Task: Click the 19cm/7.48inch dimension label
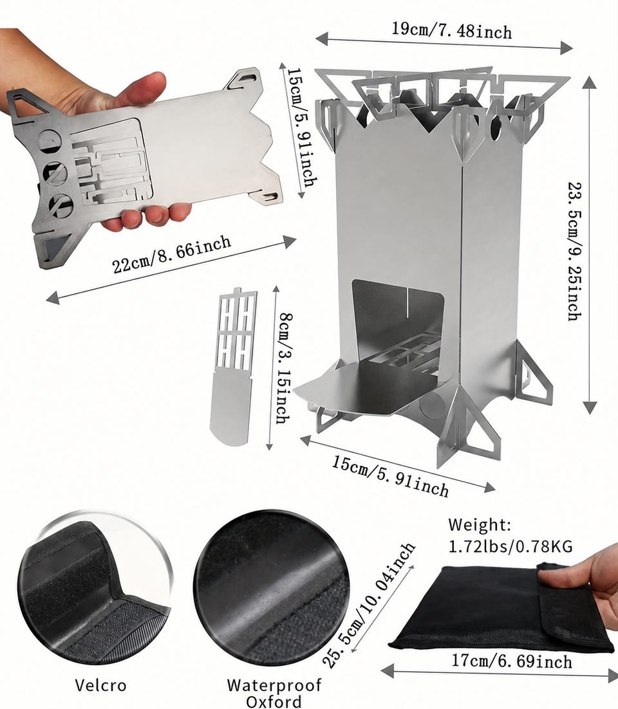[451, 31]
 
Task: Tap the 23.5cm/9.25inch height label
[575, 252]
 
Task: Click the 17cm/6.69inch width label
[512, 661]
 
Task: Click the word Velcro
[100, 685]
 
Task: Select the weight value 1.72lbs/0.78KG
[510, 546]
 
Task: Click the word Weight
[480, 525]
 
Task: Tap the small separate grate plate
[232, 366]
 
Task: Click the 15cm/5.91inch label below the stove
[391, 475]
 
